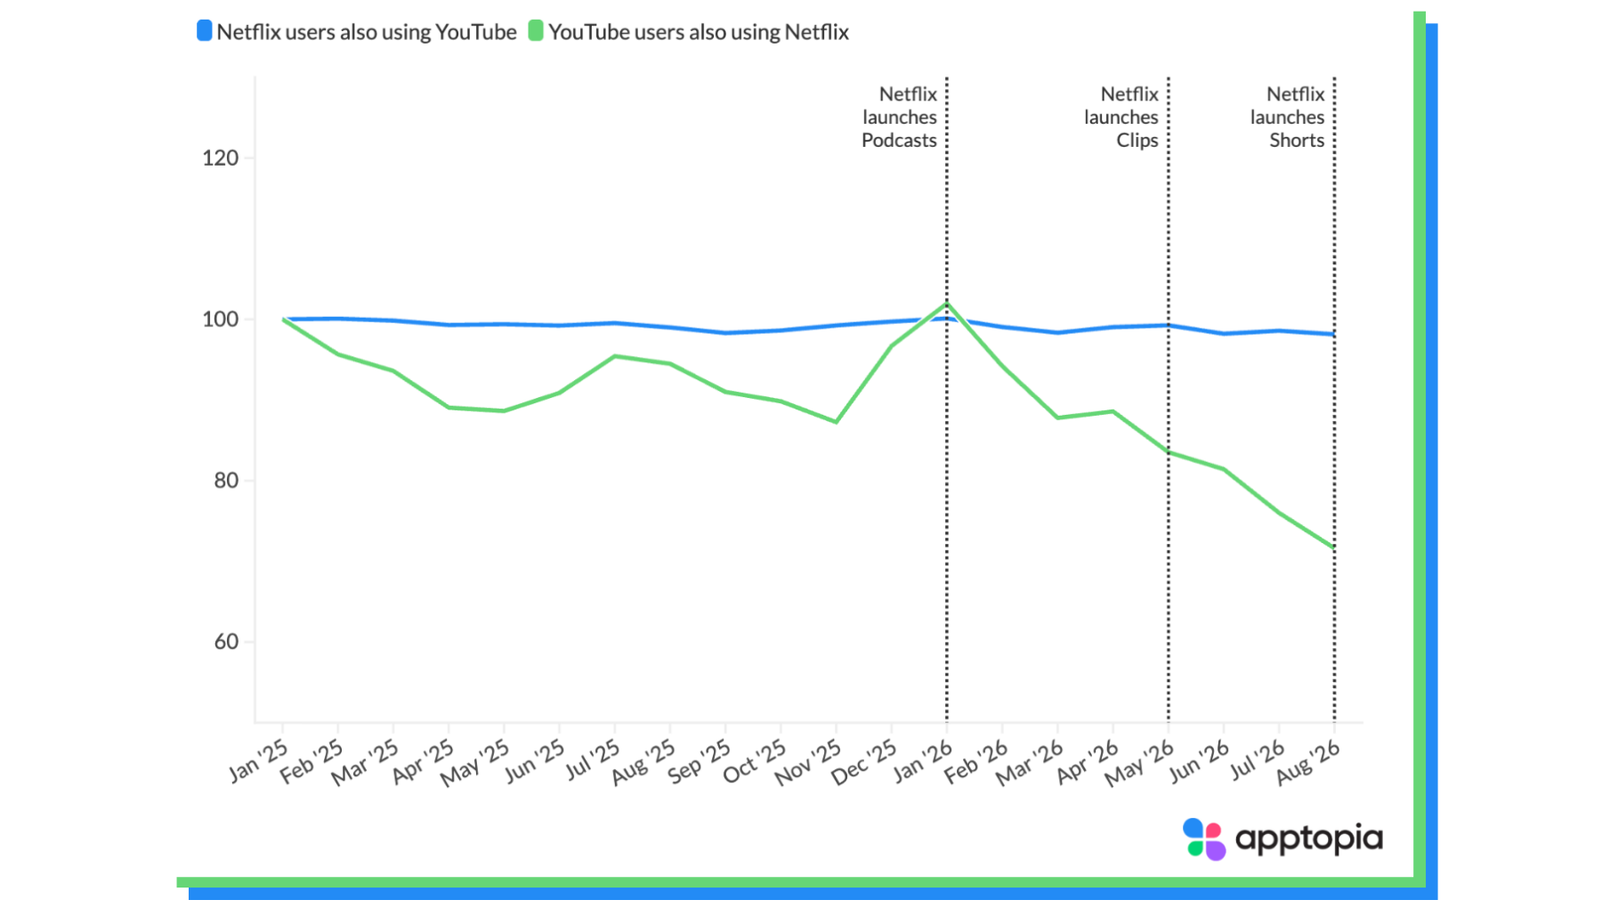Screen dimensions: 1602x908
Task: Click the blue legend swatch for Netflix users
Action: [204, 31]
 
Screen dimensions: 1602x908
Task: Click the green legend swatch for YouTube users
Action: [536, 31]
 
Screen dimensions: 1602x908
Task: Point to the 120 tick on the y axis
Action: [221, 158]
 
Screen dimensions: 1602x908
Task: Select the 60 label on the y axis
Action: [227, 642]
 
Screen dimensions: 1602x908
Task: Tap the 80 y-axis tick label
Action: [227, 481]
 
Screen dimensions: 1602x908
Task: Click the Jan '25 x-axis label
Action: [258, 760]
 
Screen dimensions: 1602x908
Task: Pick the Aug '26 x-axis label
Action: [1307, 763]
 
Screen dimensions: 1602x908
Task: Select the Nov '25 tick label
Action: [808, 763]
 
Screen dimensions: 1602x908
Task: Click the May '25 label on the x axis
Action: [474, 764]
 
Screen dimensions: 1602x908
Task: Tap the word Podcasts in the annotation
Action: [899, 141]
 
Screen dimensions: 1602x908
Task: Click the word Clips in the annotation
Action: [1137, 141]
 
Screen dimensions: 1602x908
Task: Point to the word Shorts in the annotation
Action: [1297, 141]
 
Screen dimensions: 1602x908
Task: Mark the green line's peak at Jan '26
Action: [947, 304]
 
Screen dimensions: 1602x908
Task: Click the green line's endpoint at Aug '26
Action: [1334, 547]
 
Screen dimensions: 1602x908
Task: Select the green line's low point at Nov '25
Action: [836, 422]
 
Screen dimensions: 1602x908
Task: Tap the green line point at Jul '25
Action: [615, 356]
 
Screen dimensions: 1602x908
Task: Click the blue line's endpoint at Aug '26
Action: [1334, 335]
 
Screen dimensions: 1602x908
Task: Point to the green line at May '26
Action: [1169, 452]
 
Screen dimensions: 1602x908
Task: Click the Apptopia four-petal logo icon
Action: [1204, 839]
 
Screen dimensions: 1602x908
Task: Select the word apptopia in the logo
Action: [1309, 839]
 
